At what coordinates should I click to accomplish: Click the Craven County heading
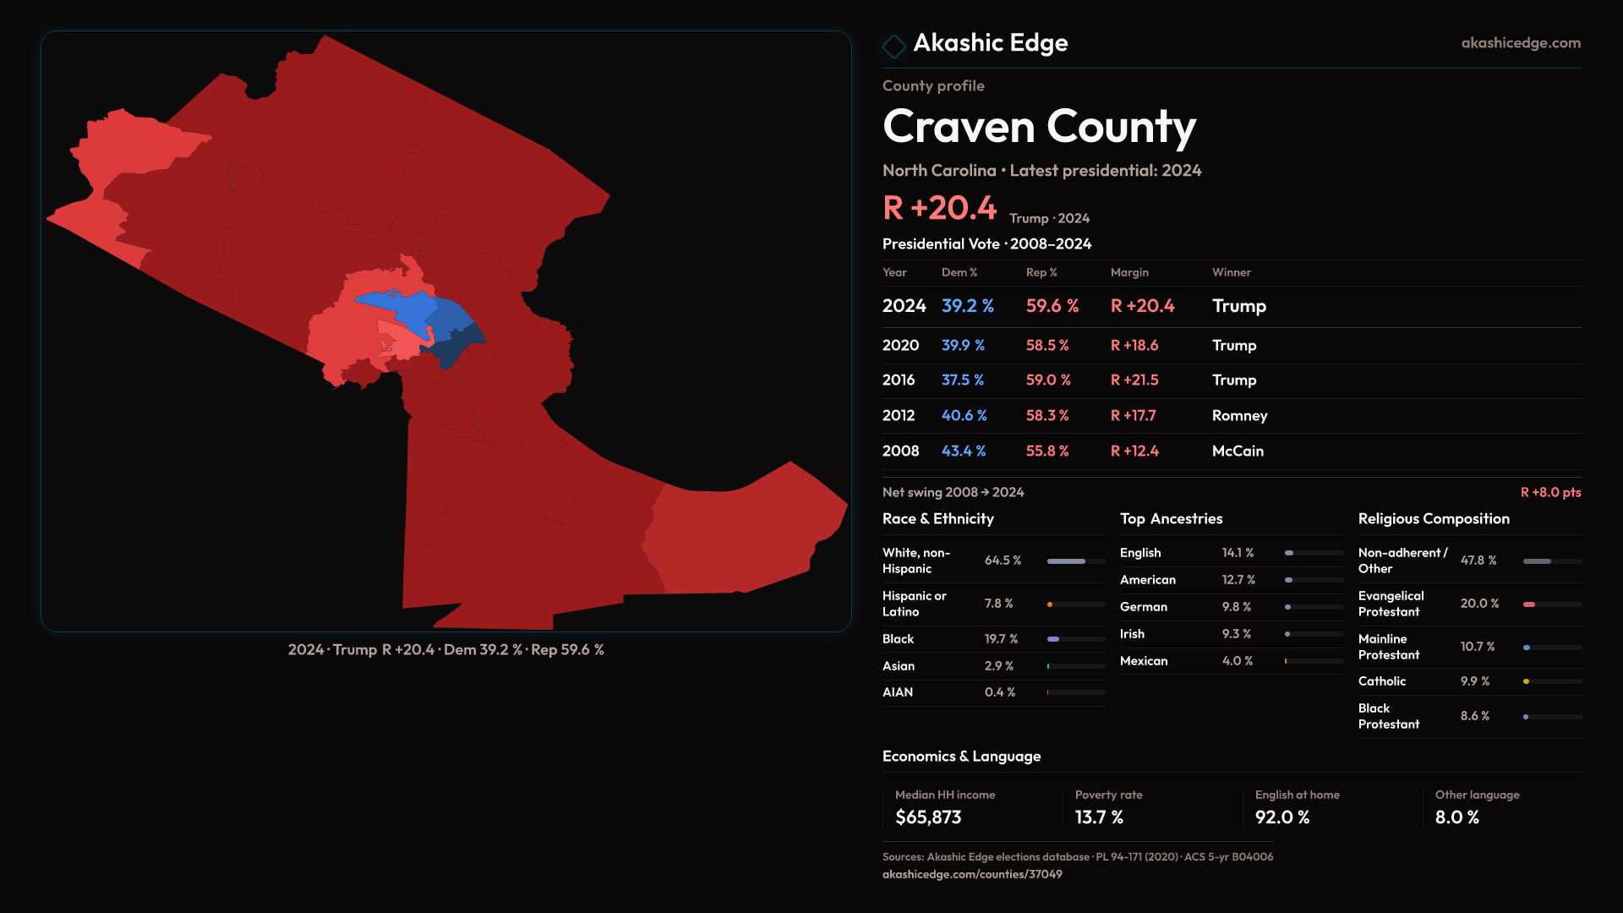click(1039, 127)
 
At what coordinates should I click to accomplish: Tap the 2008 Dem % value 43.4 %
click(964, 451)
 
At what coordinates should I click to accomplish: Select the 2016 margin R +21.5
click(1134, 380)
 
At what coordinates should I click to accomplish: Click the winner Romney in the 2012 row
click(1239, 416)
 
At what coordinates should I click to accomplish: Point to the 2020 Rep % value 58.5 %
click(1047, 346)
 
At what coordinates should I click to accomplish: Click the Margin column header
click(1129, 272)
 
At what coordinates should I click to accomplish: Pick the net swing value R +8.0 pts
click(1550, 492)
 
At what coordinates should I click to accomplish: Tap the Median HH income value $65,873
click(928, 817)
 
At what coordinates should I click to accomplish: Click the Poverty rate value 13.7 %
click(1099, 817)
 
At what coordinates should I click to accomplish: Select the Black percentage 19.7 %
click(1001, 639)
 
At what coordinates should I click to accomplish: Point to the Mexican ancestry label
click(1144, 661)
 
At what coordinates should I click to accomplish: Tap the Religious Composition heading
click(1434, 519)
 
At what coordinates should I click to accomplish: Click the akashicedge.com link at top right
click(1521, 43)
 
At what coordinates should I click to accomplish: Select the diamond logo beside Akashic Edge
click(893, 46)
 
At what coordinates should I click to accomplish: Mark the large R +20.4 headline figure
click(940, 208)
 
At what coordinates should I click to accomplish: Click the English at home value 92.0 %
click(1281, 817)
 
